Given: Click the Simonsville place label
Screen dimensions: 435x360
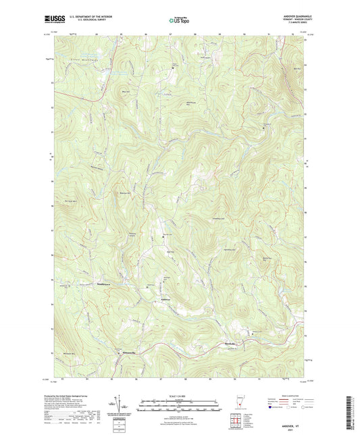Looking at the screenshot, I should (127, 353).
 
